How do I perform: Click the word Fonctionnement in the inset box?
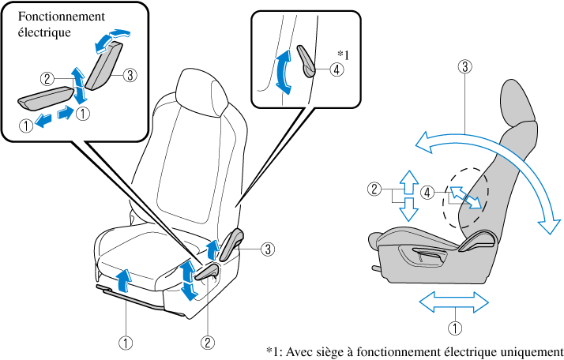click(x=62, y=17)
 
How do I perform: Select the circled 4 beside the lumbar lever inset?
click(x=337, y=69)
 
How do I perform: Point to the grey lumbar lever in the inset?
click(x=306, y=61)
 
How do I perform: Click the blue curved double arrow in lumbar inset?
click(x=283, y=73)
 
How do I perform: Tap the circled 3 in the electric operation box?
click(x=130, y=75)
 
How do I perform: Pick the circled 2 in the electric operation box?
click(x=47, y=79)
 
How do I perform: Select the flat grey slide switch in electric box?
click(x=45, y=97)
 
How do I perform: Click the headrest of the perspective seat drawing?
click(x=202, y=92)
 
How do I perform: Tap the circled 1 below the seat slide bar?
click(x=126, y=343)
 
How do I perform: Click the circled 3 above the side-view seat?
click(x=465, y=66)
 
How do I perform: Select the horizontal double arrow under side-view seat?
click(x=454, y=302)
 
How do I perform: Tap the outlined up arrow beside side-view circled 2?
click(x=409, y=182)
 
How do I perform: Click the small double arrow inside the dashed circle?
click(x=466, y=197)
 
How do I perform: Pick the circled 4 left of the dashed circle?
click(x=427, y=193)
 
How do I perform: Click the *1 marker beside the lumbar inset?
click(x=343, y=54)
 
